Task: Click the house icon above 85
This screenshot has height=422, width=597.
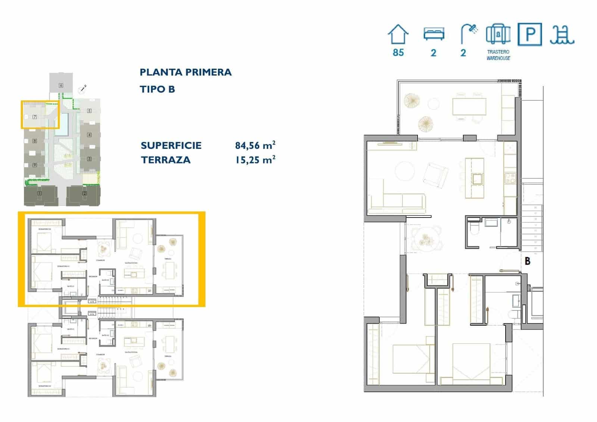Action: pos(398,35)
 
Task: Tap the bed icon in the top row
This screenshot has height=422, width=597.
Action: pos(434,34)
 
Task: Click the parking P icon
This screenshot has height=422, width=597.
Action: pos(529,34)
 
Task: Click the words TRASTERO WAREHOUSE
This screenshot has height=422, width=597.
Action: pos(498,55)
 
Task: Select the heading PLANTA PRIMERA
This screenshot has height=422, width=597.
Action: pos(185,72)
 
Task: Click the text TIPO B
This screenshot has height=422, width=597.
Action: pos(157,89)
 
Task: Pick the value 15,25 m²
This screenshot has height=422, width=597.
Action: pos(255,160)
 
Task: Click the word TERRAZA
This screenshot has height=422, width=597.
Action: pos(166,160)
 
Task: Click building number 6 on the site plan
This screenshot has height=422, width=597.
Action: pos(61,85)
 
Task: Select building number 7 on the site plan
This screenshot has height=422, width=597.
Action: pos(35,117)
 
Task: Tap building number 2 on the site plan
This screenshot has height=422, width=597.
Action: pos(85,193)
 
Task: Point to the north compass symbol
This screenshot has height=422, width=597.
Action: pos(83,89)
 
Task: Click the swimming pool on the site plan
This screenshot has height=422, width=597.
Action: pos(64,124)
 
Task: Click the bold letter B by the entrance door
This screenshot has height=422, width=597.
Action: pos(527,261)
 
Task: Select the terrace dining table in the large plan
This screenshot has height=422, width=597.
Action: pos(469,106)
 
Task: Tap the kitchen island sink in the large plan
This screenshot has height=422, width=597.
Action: pos(476,179)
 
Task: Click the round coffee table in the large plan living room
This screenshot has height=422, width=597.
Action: pos(404,171)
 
